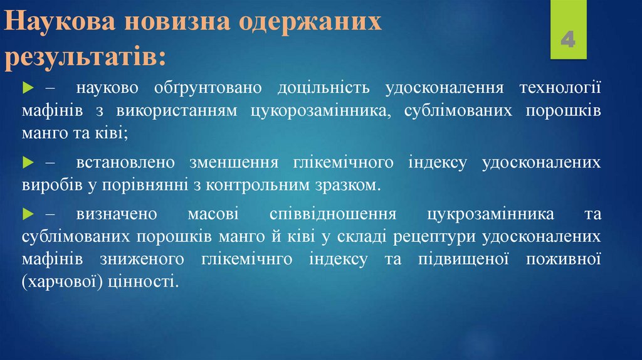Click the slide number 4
(x=569, y=41)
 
